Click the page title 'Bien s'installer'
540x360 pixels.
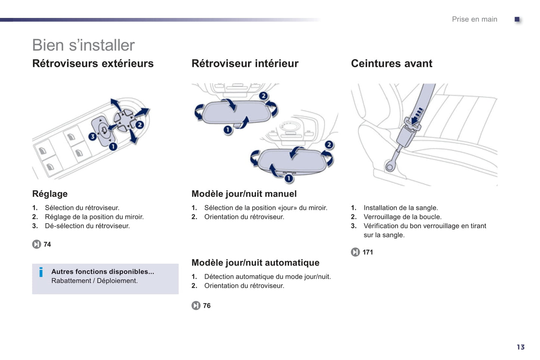click(x=83, y=45)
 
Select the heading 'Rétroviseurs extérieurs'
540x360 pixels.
click(x=93, y=63)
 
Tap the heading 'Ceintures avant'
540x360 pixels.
click(x=392, y=63)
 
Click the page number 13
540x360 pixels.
click(x=521, y=347)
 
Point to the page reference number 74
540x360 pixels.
click(x=47, y=244)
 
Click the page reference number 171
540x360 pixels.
click(x=368, y=252)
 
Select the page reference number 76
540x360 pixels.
click(x=207, y=305)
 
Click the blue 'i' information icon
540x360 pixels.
click(x=41, y=272)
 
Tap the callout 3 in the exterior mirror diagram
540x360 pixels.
click(x=93, y=137)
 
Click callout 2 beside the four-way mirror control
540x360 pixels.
click(x=140, y=125)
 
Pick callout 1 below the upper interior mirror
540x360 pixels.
click(x=228, y=130)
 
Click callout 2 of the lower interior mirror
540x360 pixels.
click(x=329, y=145)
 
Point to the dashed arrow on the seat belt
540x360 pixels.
click(x=417, y=115)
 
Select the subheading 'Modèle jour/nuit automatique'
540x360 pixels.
click(x=255, y=263)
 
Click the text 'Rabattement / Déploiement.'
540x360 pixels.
click(x=94, y=281)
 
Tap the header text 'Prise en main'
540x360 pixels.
click(x=475, y=19)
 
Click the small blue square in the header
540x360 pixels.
click(x=517, y=19)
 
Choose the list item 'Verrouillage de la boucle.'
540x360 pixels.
click(x=402, y=217)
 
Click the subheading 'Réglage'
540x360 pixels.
click(x=50, y=194)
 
